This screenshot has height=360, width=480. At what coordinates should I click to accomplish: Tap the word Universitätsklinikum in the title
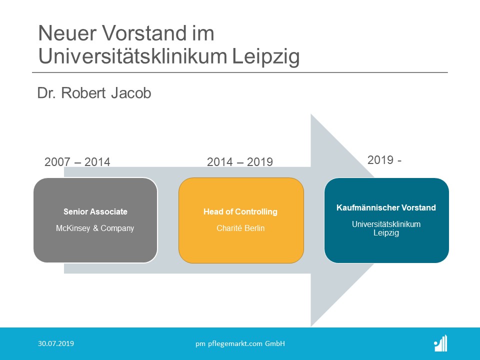click(x=132, y=56)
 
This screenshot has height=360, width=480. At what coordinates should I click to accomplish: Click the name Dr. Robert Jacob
click(x=94, y=93)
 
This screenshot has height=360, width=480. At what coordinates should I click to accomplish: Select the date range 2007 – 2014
click(x=77, y=162)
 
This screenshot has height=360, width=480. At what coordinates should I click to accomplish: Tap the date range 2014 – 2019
click(x=240, y=162)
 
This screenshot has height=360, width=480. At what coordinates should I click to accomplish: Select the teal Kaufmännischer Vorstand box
click(x=386, y=247)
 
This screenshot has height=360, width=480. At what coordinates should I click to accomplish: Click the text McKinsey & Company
click(x=95, y=228)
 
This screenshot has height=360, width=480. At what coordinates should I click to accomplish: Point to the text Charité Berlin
click(x=240, y=228)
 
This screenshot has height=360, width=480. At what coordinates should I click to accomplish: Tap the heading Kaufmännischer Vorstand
click(x=386, y=207)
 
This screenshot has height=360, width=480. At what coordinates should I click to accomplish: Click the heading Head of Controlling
click(x=240, y=211)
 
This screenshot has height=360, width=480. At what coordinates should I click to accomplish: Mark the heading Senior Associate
click(x=95, y=211)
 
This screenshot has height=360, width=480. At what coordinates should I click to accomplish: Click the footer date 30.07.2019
click(x=56, y=343)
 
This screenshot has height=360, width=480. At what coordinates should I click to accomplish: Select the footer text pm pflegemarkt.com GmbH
click(x=240, y=343)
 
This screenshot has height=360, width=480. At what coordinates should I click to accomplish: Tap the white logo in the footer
click(x=440, y=343)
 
